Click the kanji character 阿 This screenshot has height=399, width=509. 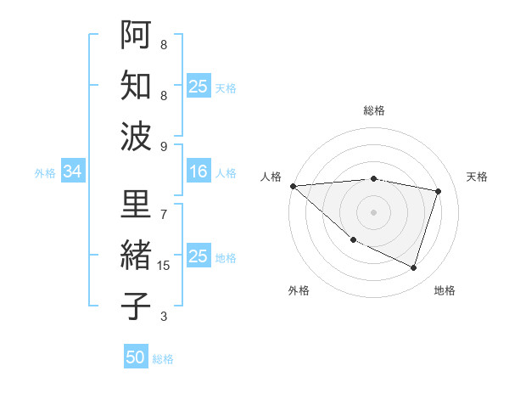tap(137, 35)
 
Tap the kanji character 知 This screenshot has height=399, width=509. tap(137, 86)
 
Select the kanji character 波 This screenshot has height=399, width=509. tap(137, 137)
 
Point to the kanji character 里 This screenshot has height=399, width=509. tap(137, 205)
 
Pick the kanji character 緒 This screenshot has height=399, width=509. tap(137, 256)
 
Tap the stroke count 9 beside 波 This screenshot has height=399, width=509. tap(164, 146)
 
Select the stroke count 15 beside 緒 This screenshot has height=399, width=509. tap(164, 266)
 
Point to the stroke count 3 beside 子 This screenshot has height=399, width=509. tap(164, 317)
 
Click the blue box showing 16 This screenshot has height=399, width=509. tap(199, 172)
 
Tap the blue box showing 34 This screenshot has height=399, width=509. tap(72, 172)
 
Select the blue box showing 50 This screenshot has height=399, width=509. tap(136, 357)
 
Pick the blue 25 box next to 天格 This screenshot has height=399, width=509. tap(199, 86)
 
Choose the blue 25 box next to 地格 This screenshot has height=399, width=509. tap(199, 256)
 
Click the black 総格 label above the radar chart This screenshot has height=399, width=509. tap(373, 110)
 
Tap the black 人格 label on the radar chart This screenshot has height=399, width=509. tap(272, 176)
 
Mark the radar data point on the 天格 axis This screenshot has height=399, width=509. tap(439, 191)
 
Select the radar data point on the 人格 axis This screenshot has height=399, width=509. tap(293, 186)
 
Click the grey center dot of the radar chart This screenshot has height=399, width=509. tap(373, 212)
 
